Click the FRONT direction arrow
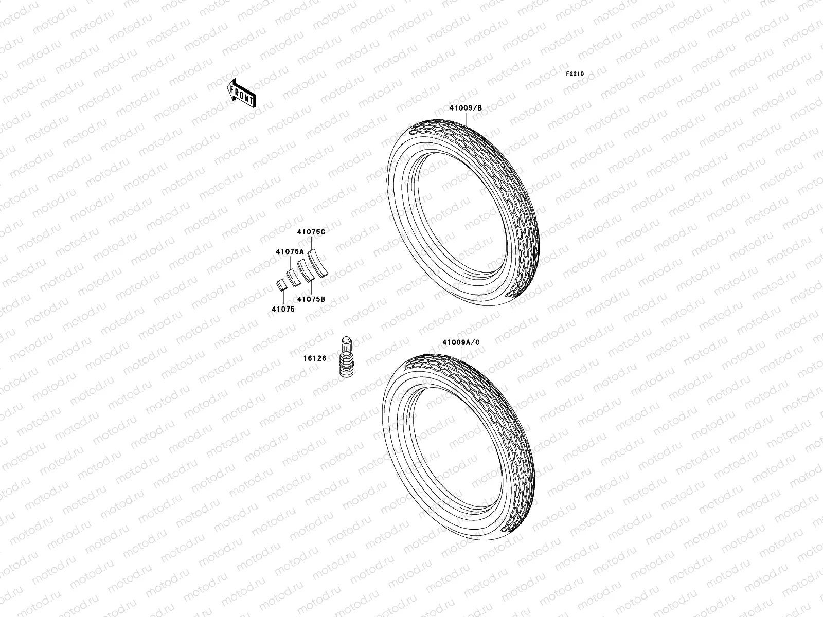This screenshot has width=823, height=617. click(241, 94)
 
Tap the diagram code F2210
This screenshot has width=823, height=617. click(575, 74)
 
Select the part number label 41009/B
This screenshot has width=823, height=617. click(466, 108)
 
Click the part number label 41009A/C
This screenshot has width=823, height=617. click(461, 342)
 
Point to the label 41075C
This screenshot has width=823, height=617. click(311, 232)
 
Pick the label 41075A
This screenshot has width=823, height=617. click(290, 252)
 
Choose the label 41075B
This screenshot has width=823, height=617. click(311, 299)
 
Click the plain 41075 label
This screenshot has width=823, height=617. click(283, 310)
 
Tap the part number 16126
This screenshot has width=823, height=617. click(315, 358)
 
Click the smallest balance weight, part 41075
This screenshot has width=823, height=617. click(282, 285)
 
